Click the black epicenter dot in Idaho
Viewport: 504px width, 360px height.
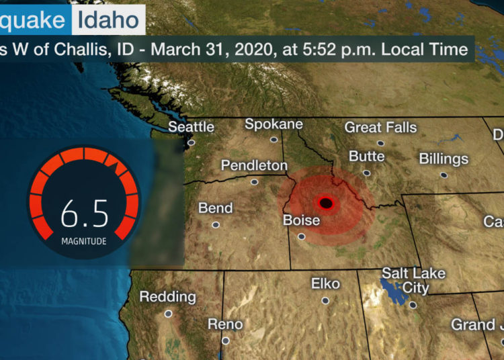[x=326, y=202]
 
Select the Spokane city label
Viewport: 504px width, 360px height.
[x=274, y=124]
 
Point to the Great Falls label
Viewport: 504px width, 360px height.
[x=380, y=127]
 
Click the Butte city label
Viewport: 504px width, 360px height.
[x=367, y=156]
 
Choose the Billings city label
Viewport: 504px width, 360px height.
[x=444, y=159]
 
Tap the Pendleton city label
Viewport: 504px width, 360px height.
[x=254, y=165]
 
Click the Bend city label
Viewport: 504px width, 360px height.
[x=215, y=208]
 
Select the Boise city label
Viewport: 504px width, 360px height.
[x=301, y=220]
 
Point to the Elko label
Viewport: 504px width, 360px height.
[x=325, y=283]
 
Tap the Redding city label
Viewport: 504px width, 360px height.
[x=168, y=296]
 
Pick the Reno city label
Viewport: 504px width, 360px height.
[x=225, y=324]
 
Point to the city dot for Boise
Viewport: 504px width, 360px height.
[x=302, y=236]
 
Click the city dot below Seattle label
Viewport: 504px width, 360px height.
[x=192, y=142]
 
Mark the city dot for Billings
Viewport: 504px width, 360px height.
[x=444, y=175]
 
